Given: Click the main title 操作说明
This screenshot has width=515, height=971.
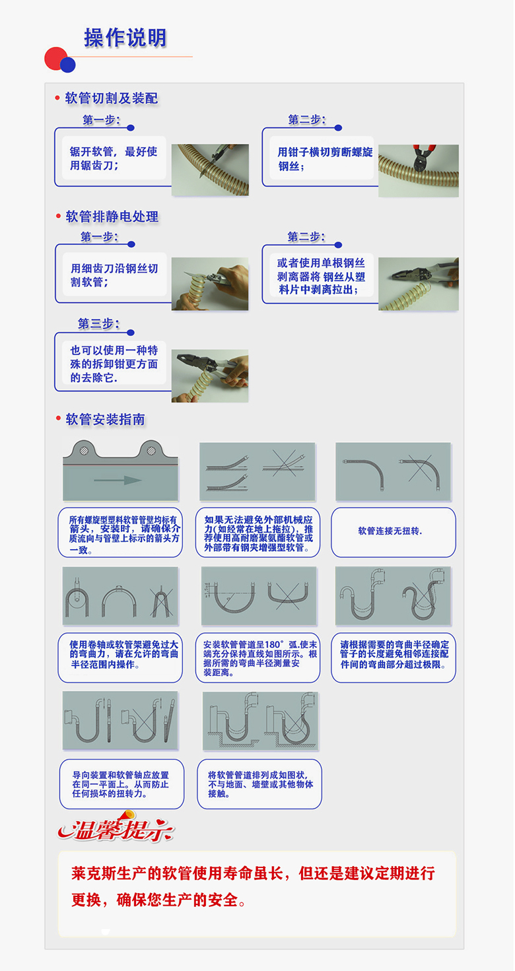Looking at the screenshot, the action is tap(125, 38).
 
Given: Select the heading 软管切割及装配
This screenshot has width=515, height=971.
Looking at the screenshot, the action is tap(112, 98).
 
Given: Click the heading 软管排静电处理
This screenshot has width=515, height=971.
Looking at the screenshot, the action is tap(112, 217).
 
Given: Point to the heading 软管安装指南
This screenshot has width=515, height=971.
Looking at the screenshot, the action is tap(106, 420).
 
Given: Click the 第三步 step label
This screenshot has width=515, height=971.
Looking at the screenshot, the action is tap(98, 324).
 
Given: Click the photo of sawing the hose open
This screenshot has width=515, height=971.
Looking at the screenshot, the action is tap(210, 170).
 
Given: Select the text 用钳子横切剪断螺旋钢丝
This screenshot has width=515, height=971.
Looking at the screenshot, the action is tap(325, 158).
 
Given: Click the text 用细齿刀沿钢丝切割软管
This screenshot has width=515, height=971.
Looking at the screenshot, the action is tap(114, 275).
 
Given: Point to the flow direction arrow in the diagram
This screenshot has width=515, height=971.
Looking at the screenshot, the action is tap(118, 480).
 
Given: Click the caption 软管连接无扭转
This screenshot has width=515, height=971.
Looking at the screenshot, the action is tap(390, 531).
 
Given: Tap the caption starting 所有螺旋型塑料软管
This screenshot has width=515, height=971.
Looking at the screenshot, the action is tap(123, 535).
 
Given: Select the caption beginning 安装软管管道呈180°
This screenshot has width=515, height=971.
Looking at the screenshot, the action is tap(260, 659).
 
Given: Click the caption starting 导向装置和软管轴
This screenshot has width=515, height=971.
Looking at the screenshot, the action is tap(121, 784).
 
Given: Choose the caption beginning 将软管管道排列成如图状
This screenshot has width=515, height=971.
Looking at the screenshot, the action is tap(261, 784).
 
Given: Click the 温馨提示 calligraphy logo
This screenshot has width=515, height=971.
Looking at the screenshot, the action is tap(116, 828).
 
